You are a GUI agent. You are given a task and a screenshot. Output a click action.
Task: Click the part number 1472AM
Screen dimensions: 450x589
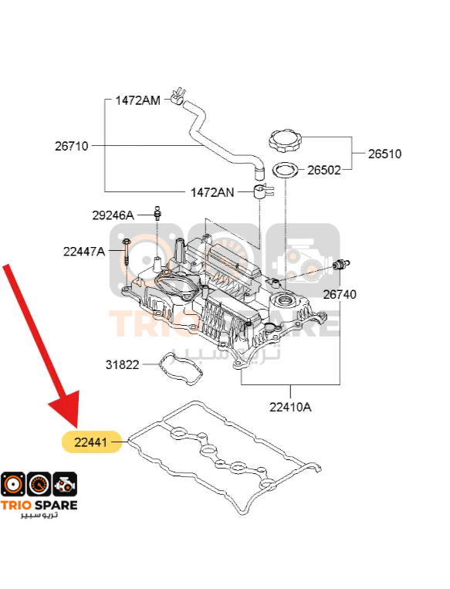pos(138,100)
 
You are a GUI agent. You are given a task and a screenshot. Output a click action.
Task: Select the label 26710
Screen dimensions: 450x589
pos(71,146)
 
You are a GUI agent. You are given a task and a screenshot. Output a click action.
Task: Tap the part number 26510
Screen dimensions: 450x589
pos(384,154)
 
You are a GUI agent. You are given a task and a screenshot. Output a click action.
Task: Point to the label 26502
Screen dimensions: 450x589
pos(323,170)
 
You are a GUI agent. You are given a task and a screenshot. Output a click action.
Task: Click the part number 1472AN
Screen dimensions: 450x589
pos(212,193)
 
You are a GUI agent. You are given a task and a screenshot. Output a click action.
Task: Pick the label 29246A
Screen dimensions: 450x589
pos(113,215)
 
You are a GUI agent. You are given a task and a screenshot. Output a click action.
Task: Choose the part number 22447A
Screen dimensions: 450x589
pos(84,252)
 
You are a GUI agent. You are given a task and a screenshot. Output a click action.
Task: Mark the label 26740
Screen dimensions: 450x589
pos(340,295)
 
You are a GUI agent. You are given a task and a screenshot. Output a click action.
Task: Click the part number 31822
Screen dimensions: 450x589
pos(123,364)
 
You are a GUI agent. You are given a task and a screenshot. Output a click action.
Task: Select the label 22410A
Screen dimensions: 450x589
pos(290,407)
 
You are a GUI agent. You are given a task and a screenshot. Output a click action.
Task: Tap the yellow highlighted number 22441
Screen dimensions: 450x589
pos(91,442)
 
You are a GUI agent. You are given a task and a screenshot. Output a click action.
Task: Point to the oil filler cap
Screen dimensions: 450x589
pos(286,140)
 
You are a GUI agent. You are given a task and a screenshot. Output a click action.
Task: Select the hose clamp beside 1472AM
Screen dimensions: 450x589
pos(178,96)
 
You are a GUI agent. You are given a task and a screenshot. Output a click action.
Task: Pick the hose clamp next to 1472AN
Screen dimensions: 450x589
pos(264,191)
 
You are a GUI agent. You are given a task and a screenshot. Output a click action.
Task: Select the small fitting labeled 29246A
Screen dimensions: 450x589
pos(157,213)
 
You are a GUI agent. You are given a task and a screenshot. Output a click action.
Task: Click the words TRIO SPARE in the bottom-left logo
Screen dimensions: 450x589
pos(39,505)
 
